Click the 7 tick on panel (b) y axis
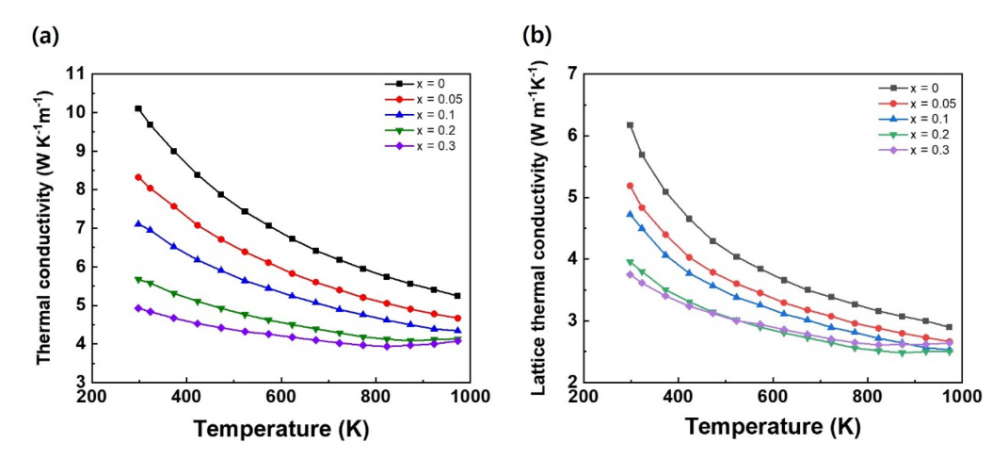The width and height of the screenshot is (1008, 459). point(568,74)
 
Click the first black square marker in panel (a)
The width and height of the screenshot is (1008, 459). point(138,108)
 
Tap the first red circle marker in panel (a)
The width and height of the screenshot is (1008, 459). point(138,177)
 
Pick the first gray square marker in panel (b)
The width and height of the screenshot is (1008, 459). point(630,125)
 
